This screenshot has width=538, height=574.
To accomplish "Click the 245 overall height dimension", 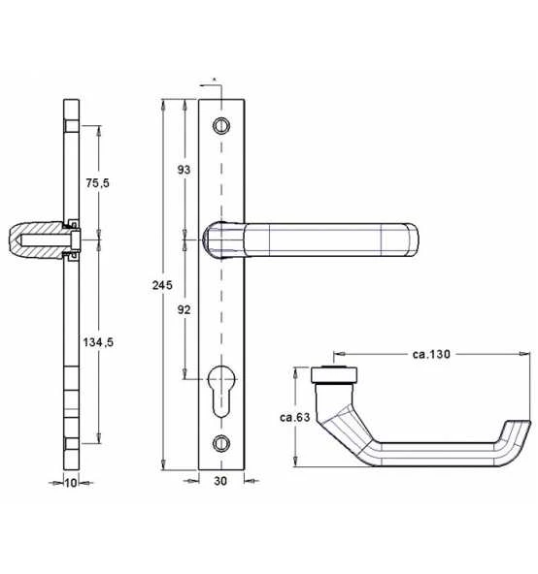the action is pos(162,285).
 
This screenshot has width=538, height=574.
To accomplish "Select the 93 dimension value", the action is pos(184,170).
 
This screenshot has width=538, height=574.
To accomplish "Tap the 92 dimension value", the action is pos(184,309).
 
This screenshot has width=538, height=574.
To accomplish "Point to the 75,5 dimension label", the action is pos(97,182).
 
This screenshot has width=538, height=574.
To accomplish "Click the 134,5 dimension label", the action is pos(98,342).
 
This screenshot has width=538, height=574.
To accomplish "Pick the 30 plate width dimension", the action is pos(220,481).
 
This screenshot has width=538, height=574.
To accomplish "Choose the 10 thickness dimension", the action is pos(71,483).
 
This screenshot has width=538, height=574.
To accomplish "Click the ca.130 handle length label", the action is pos(431,354).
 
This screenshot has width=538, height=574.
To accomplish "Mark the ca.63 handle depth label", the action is pos(295,417).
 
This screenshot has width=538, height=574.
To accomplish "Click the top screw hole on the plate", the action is pos(221,126).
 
